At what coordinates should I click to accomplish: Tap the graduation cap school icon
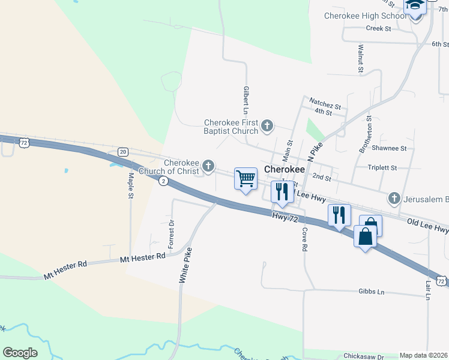(x=414, y=6)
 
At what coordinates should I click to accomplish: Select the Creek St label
(x=378, y=28)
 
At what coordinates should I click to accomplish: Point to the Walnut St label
(x=361, y=58)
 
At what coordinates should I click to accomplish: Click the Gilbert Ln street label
(x=246, y=100)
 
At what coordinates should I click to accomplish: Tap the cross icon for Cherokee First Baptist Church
(x=267, y=127)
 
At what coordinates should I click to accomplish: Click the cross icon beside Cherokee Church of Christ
(x=208, y=166)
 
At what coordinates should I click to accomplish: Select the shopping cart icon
(x=246, y=178)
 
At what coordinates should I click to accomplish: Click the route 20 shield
(x=122, y=152)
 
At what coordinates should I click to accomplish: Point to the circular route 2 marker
(x=163, y=181)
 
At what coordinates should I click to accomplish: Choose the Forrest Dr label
(x=171, y=234)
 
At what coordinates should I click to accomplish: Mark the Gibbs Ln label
(x=371, y=291)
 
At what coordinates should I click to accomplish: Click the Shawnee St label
(x=389, y=148)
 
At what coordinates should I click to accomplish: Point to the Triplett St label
(x=382, y=168)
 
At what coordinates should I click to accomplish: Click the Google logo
(x=20, y=352)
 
